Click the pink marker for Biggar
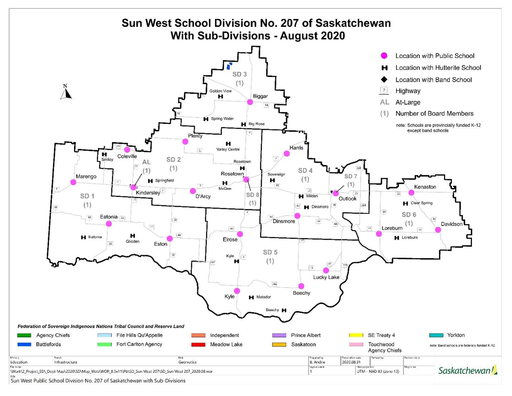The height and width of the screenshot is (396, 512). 250,102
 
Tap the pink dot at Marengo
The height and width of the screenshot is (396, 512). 73,182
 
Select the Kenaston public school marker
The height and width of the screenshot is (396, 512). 411,192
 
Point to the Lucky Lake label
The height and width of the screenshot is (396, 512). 326,277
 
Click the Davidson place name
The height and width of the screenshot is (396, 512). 451,224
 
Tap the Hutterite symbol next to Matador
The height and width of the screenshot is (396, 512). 251,297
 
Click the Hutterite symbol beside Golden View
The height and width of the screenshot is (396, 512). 221,96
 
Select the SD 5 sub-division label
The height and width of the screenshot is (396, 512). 270,252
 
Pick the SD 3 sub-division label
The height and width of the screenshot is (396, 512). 240,74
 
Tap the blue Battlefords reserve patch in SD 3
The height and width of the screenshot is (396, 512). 229,66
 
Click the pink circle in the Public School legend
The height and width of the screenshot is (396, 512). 384,56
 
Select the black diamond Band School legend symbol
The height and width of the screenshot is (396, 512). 384,80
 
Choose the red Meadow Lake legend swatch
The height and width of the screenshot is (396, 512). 198,344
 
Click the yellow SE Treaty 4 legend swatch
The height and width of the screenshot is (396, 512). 356,335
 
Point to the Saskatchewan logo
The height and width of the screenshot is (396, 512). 468,370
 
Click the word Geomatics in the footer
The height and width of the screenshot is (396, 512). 187,362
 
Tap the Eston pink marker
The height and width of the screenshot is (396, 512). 170,238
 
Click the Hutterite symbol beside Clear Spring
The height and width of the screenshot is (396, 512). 405,203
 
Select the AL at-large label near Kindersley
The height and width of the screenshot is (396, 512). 146,162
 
